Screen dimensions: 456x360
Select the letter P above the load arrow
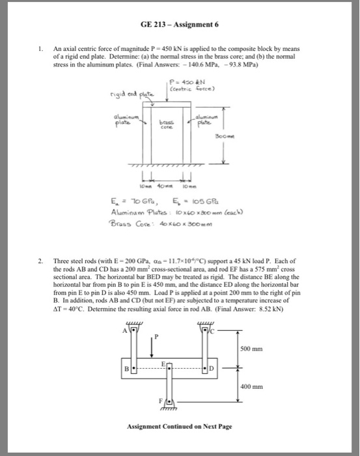coord(156,337)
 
